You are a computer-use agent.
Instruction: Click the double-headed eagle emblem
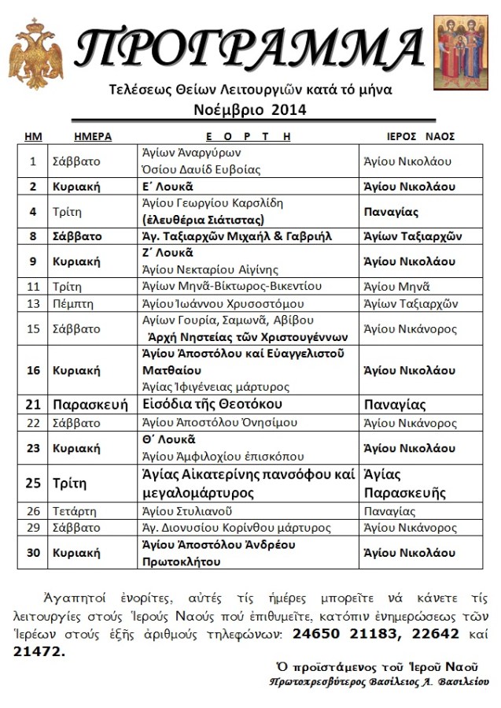[x=35, y=54]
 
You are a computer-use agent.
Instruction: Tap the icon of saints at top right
[x=461, y=52]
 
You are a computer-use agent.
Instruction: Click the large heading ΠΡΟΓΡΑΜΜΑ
[x=249, y=48]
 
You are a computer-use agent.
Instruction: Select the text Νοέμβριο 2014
[x=249, y=110]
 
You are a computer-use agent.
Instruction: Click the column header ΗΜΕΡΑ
[x=92, y=136]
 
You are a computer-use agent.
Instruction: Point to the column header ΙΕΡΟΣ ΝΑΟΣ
[x=421, y=136]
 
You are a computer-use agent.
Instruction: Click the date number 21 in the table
[x=32, y=405]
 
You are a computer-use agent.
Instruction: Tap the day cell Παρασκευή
[x=90, y=405]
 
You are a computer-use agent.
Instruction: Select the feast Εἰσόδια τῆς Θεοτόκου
[x=212, y=404]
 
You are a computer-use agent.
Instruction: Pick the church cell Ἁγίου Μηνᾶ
[x=397, y=287]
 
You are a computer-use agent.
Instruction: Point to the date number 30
[x=32, y=553]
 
